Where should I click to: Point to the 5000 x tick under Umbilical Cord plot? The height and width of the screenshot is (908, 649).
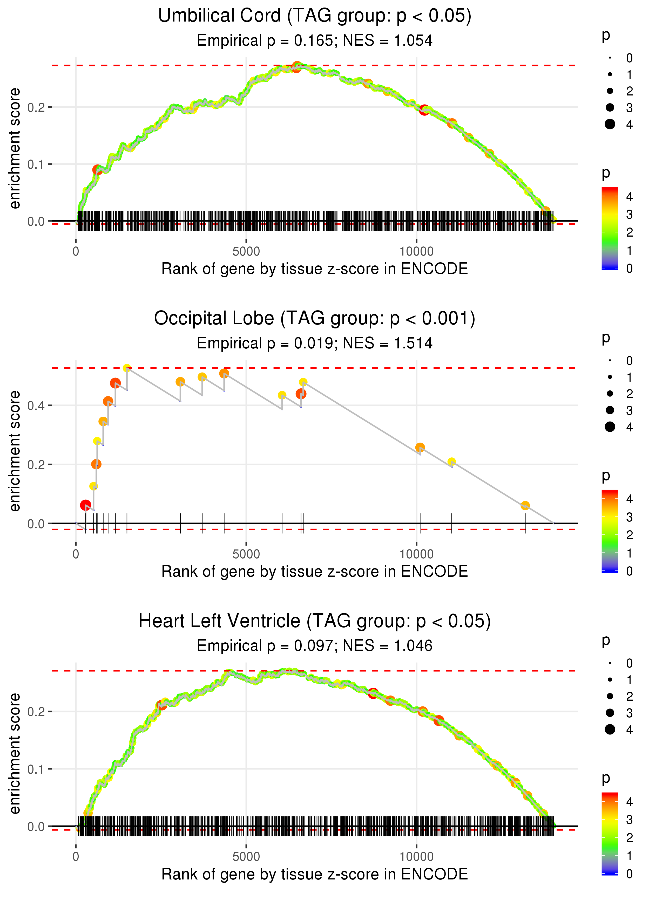tap(246, 252)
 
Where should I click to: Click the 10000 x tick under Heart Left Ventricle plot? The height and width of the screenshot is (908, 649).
tap(416, 856)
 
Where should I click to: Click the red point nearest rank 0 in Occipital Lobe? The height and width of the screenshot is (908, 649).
tap(85, 505)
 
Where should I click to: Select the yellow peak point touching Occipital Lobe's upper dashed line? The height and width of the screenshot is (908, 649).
tap(127, 368)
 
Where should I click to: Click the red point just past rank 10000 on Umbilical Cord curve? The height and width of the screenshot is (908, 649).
tap(424, 110)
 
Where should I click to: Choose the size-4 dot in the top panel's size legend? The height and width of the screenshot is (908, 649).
tap(610, 124)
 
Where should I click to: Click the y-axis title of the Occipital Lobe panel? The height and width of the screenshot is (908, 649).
tap(15, 451)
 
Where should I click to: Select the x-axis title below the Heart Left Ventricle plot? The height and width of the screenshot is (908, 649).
tap(315, 874)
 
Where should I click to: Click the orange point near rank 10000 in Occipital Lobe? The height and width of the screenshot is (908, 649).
tap(420, 448)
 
